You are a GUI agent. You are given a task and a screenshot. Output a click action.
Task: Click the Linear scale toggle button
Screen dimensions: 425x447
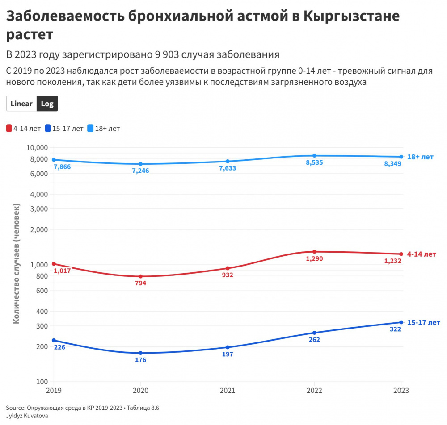tap(21, 104)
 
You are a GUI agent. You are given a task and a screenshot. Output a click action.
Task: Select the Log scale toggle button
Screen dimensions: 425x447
tap(47, 104)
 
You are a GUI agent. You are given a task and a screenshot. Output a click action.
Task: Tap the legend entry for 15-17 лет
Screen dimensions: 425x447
tap(64, 129)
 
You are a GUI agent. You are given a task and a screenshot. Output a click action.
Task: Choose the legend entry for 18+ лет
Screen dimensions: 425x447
tap(104, 129)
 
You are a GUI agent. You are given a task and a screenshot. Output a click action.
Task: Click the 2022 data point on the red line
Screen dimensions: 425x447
tap(315, 252)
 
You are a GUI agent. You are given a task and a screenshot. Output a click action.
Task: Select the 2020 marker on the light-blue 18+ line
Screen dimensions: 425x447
tap(141, 164)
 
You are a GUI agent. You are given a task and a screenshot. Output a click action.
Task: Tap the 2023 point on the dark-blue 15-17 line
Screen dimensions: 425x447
tap(401, 322)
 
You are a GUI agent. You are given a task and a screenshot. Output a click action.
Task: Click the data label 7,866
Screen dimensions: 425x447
tap(62, 167)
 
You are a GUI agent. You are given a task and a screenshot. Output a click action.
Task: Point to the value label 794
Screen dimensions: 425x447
tap(140, 283)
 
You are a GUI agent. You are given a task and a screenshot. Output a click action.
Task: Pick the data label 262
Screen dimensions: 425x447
tap(314, 339)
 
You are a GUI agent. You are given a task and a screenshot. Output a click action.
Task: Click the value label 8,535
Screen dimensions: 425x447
tap(314, 162)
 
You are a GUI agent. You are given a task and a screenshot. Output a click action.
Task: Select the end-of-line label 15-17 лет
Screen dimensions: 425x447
tap(424, 322)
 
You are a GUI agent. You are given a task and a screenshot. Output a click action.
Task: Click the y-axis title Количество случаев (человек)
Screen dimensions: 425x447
tap(17, 263)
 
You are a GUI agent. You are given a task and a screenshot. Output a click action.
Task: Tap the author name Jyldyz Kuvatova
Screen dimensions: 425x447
tap(27, 416)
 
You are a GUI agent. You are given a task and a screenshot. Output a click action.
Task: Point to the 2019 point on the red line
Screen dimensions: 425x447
tap(54, 264)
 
